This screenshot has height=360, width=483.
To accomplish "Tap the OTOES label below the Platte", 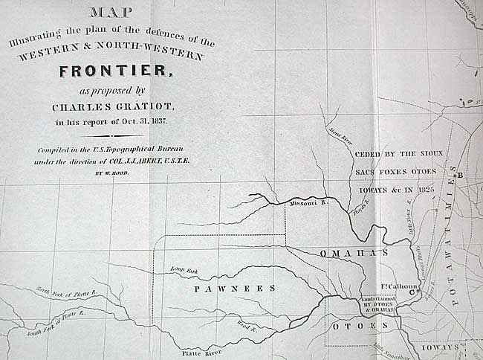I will tap(359, 327).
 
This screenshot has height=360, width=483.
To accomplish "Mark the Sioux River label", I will tap(341, 136).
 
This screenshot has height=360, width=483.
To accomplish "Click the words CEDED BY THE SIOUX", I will tap(398, 154).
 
